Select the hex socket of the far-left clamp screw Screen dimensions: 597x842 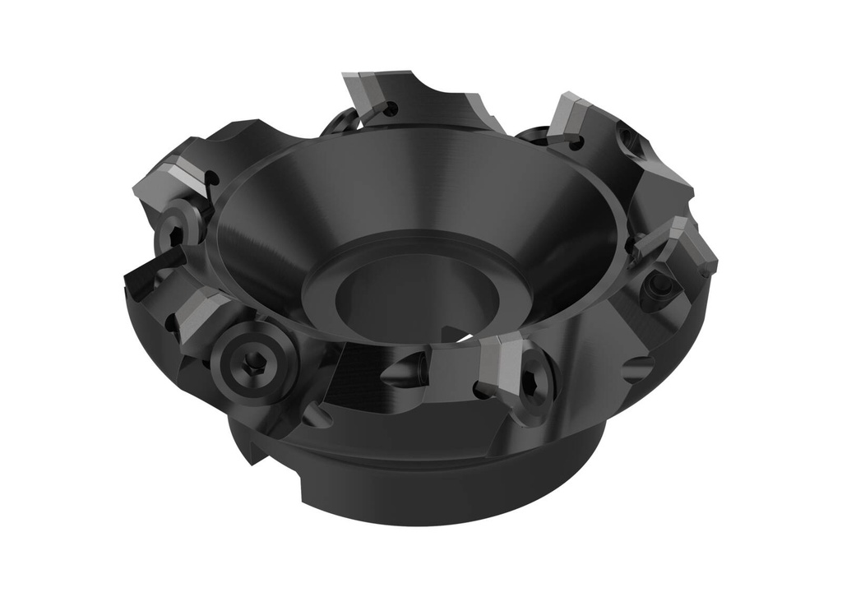[175, 234]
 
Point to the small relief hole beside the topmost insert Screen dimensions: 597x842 [392, 108]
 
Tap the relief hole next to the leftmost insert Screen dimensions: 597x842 [213, 178]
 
